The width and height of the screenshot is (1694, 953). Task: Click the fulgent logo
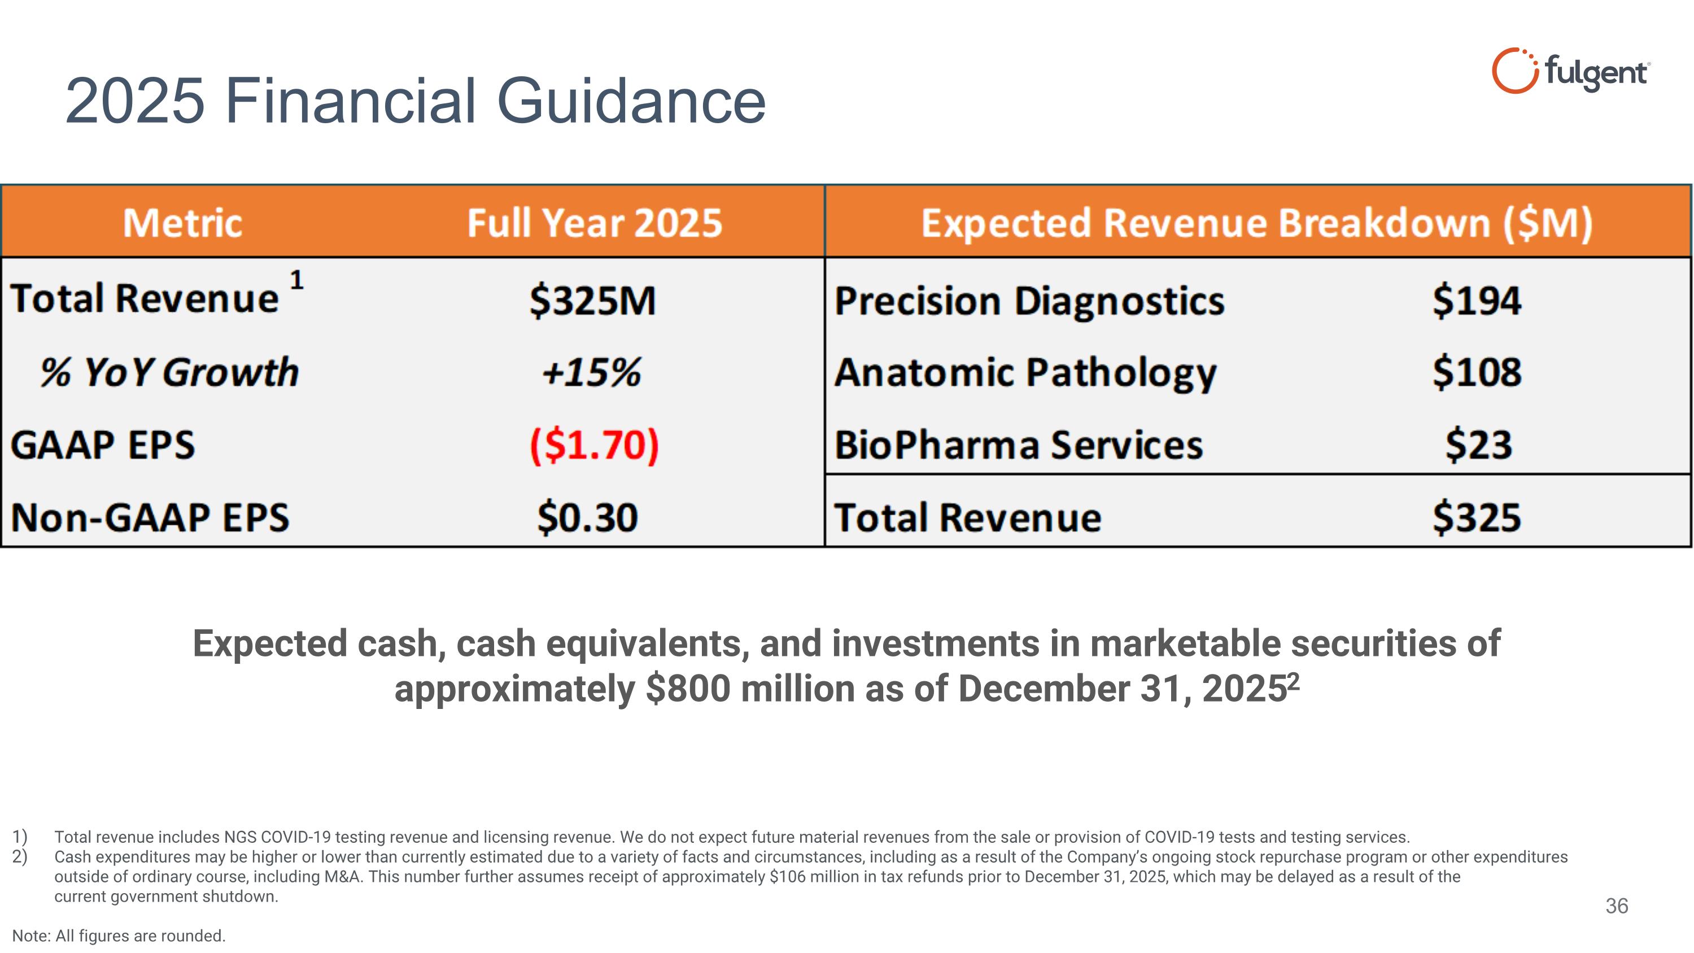tap(1570, 71)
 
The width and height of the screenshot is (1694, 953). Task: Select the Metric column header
tap(183, 223)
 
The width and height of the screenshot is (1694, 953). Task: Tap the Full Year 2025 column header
tap(595, 223)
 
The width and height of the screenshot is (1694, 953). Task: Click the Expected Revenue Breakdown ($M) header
tap(1257, 223)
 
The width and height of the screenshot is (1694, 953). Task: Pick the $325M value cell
tap(592, 301)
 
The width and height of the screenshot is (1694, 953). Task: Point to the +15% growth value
tap(591, 372)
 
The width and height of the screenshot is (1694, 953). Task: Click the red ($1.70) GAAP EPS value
tap(594, 445)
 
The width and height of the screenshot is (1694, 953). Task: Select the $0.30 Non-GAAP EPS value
tap(587, 517)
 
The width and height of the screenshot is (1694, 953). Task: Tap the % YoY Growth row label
tap(169, 372)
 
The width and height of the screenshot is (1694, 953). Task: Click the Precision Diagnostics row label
tap(1029, 301)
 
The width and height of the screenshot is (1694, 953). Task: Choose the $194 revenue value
tap(1477, 301)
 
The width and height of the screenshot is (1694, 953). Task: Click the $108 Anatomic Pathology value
tap(1477, 372)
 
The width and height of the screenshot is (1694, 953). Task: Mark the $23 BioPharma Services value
tap(1478, 445)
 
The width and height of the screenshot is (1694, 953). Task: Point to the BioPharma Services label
tap(1019, 445)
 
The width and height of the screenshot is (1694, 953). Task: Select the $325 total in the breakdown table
tap(1477, 517)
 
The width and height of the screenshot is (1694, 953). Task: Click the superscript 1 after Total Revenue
tap(296, 280)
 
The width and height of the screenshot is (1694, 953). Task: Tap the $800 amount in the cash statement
tap(688, 689)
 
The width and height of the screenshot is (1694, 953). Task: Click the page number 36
tap(1617, 906)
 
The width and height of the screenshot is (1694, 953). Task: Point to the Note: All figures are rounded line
tap(119, 936)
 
